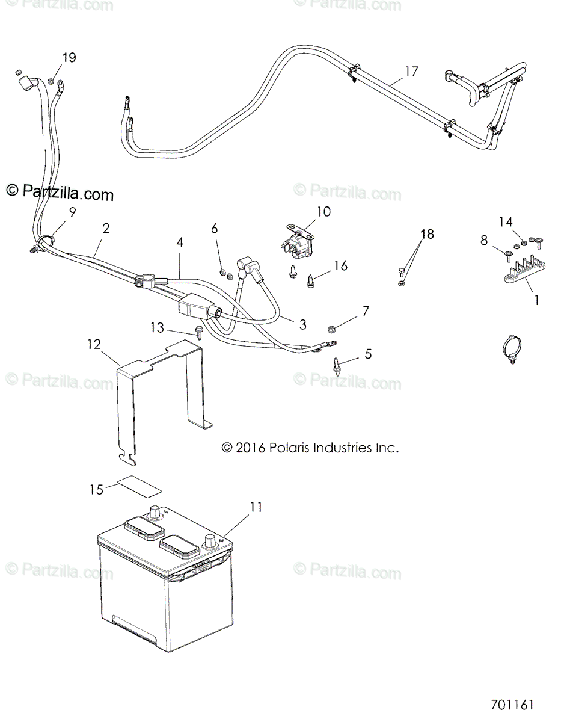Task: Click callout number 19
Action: (x=69, y=58)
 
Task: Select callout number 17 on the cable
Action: (x=411, y=72)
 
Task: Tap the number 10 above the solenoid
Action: (x=323, y=212)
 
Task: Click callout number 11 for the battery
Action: (x=256, y=507)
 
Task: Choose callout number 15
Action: (x=96, y=489)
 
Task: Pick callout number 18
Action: (x=426, y=234)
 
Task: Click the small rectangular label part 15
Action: (x=139, y=484)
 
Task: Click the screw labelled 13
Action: (x=198, y=330)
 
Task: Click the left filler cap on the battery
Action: (x=144, y=529)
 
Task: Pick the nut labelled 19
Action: (x=52, y=81)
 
